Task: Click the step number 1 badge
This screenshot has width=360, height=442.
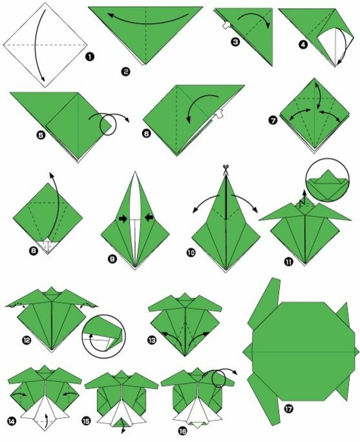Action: [x=89, y=57]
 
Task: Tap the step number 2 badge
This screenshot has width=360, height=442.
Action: [x=125, y=72]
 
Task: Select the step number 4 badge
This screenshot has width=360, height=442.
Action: [x=303, y=44]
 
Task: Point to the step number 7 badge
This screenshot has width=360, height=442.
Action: [x=273, y=120]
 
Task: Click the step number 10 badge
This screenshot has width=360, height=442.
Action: [x=191, y=253]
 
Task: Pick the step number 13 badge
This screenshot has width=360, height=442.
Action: [x=152, y=340]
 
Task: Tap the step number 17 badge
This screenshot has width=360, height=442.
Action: [x=289, y=409]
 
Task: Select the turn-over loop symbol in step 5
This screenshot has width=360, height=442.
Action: [x=109, y=125]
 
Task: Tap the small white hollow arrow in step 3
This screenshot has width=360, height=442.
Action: [x=226, y=25]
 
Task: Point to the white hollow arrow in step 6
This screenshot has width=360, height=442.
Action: [x=218, y=113]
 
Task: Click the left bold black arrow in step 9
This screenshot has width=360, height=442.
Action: [x=123, y=219]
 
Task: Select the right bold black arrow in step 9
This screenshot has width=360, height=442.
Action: [x=149, y=217]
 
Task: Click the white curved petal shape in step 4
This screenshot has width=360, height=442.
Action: [x=335, y=48]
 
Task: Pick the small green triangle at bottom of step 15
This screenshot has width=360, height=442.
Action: [x=122, y=422]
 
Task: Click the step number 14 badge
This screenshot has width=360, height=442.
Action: [x=12, y=421]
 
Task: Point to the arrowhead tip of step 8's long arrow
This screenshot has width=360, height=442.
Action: [x=51, y=172]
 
